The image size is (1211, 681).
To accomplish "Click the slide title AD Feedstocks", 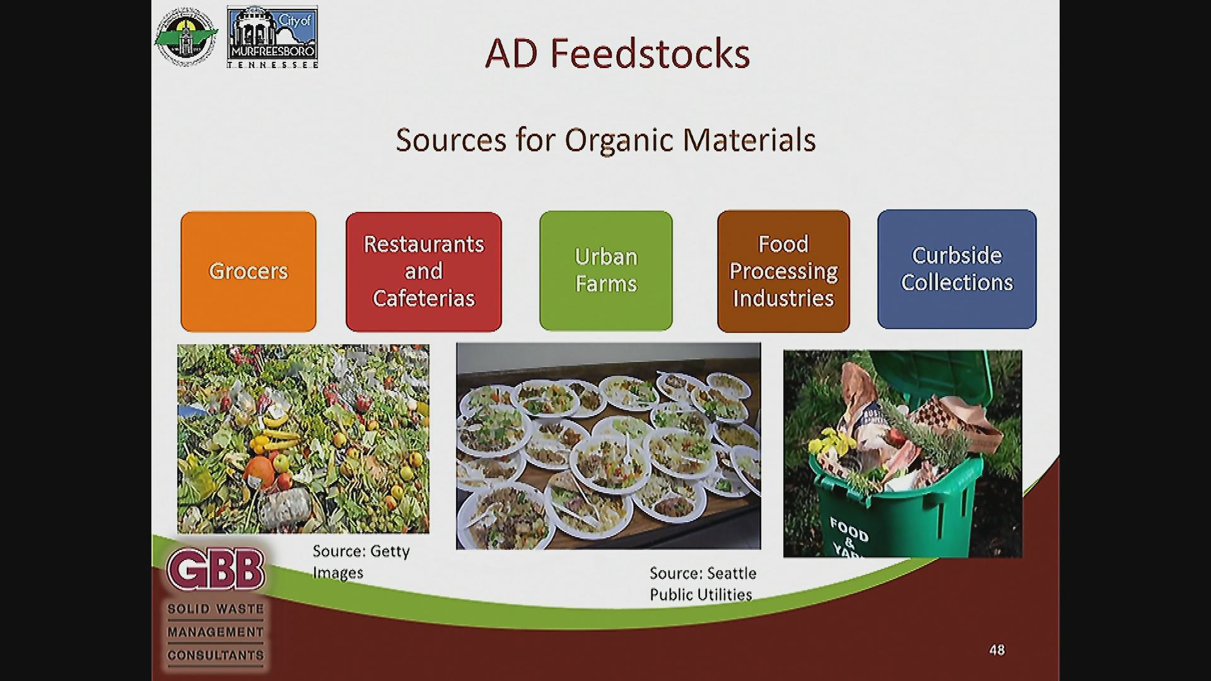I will tap(617, 54).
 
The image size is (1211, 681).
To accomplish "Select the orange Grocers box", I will tap(249, 271).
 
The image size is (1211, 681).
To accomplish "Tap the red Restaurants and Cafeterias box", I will tap(424, 271).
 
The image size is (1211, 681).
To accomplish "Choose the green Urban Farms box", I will tap(606, 271).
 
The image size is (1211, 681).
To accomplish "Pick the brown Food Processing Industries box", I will tap(783, 271).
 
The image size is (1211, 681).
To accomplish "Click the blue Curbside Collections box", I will tap(957, 269).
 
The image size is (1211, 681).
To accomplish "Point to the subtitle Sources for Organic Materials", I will tap(605, 140).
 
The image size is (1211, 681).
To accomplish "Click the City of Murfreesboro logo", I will tap(272, 37).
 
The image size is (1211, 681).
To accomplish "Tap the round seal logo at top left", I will tap(185, 37).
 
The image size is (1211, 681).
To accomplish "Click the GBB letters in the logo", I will tap(215, 569).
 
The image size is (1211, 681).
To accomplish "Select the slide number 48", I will tap(997, 649).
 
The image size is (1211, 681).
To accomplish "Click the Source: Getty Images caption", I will tap(361, 562).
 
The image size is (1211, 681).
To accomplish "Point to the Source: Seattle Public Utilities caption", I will tap(703, 584).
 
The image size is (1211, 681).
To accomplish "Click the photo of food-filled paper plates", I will tap(608, 446).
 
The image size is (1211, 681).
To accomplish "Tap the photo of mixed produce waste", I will tap(303, 439).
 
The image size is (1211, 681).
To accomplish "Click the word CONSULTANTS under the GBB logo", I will tap(216, 655).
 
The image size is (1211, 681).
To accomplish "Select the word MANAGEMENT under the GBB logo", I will tap(216, 632).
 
